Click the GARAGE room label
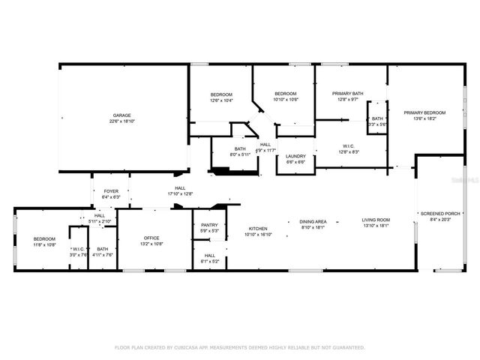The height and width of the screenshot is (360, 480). point(123,115)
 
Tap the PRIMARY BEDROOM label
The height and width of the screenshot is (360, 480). point(424,112)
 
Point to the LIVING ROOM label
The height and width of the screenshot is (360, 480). point(377,220)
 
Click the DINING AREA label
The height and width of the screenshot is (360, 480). point(313,222)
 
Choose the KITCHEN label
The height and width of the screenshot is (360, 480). point(258,228)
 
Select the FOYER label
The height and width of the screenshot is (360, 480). point(110,191)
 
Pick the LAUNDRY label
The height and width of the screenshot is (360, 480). point(295,156)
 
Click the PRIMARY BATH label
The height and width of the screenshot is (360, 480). point(348,94)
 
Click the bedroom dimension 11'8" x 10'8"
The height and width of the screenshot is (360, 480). point(44,244)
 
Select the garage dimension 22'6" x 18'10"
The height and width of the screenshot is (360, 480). point(123,121)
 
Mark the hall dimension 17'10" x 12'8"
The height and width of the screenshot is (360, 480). point(180,193)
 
